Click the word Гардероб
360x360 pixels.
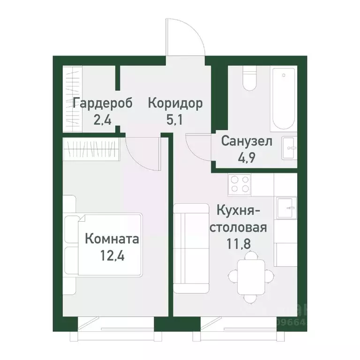pyautogui.click(x=97, y=103)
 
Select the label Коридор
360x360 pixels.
pyautogui.click(x=175, y=103)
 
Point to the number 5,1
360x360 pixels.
pyautogui.click(x=175, y=120)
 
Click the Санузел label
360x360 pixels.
pyautogui.click(x=247, y=141)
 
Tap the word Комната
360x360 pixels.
pyautogui.click(x=112, y=240)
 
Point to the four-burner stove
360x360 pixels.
pyautogui.click(x=239, y=184)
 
